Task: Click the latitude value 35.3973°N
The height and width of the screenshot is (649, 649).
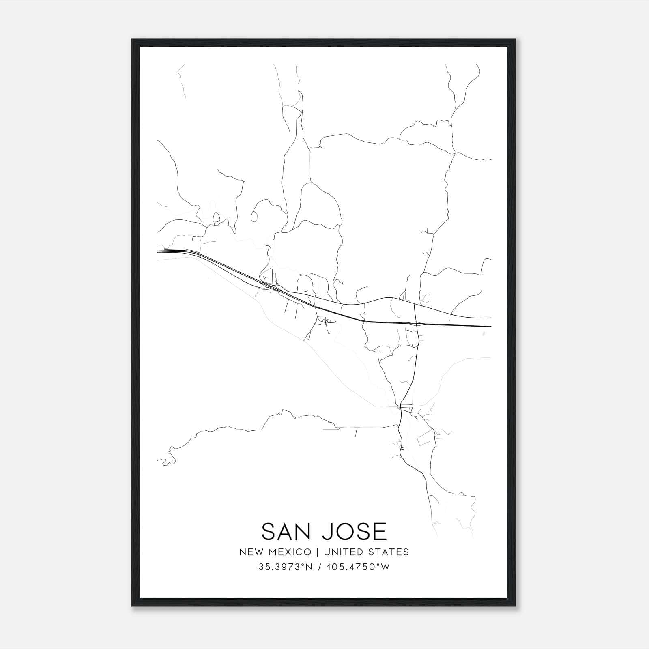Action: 286,567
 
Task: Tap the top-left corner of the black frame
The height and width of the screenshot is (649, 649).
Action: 132,40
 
